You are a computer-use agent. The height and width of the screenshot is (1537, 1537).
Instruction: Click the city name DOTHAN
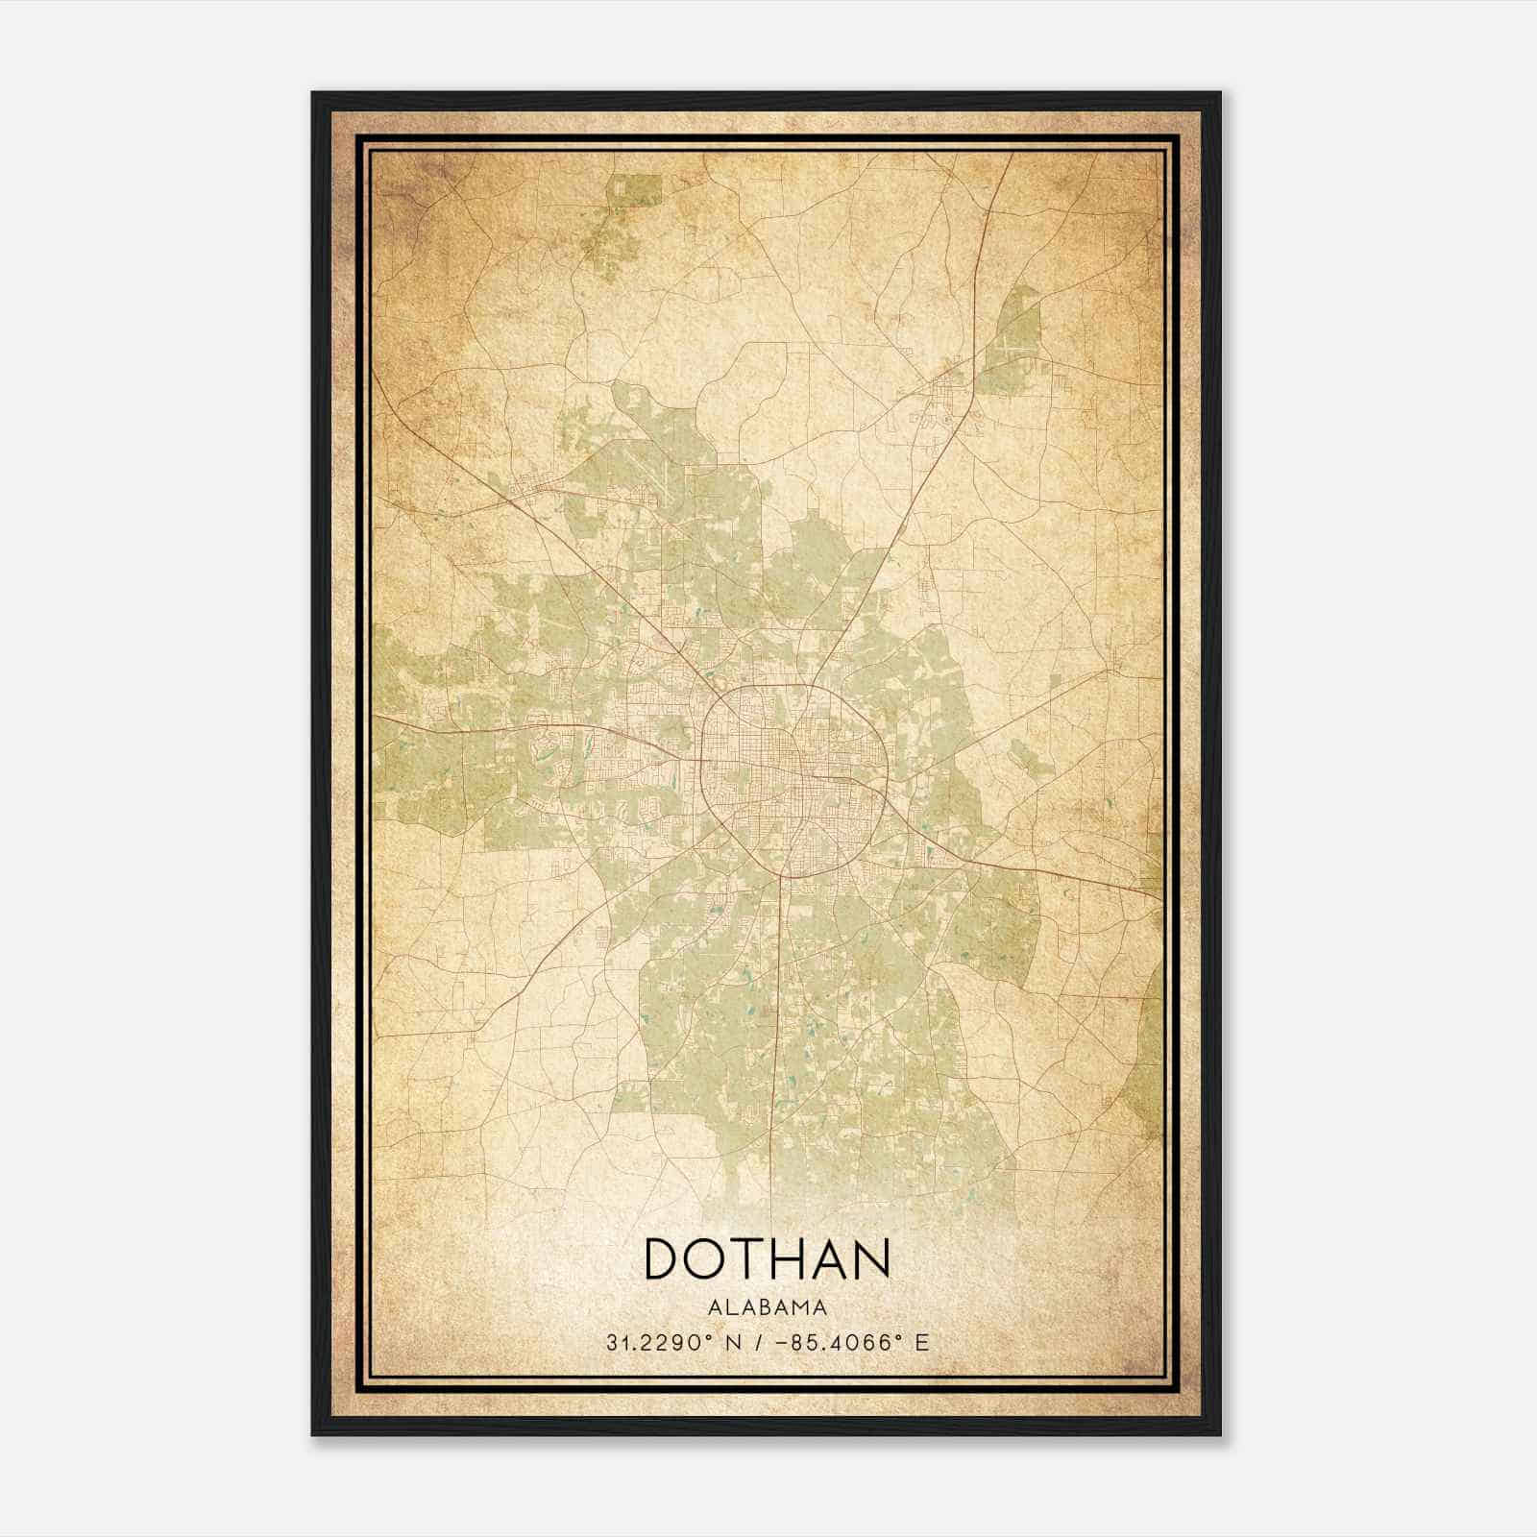click(767, 1258)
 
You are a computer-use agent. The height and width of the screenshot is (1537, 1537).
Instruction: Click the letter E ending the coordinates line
click(922, 1343)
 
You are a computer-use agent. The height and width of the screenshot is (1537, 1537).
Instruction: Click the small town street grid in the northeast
click(946, 394)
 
